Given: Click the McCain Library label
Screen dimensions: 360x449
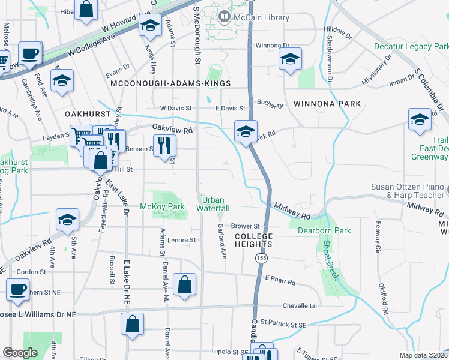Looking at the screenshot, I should pyautogui.click(x=261, y=17).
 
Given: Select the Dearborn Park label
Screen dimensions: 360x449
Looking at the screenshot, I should pyautogui.click(x=325, y=230).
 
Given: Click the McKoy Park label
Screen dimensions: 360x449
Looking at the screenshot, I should pyautogui.click(x=161, y=207).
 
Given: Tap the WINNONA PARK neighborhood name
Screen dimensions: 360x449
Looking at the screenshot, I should pyautogui.click(x=327, y=104).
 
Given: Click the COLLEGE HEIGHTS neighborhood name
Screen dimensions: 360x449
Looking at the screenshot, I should pyautogui.click(x=253, y=240).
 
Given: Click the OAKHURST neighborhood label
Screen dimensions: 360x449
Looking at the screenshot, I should pyautogui.click(x=88, y=114).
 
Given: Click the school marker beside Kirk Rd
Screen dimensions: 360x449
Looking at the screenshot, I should pyautogui.click(x=246, y=131).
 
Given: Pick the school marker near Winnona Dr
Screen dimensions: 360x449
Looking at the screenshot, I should pyautogui.click(x=291, y=59).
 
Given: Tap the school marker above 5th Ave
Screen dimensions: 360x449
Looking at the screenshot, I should pyautogui.click(x=67, y=220).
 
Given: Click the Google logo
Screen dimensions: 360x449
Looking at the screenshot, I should pyautogui.click(x=20, y=353).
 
